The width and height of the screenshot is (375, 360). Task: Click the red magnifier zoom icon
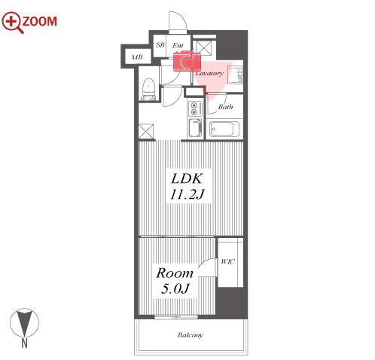[x=11, y=22]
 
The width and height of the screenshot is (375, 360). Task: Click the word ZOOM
[x=40, y=21]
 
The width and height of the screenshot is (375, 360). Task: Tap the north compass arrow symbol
[x=25, y=322]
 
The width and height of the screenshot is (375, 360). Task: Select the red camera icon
[x=187, y=61]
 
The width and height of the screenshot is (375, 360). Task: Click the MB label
[x=137, y=57]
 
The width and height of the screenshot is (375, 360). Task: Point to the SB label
[x=160, y=45]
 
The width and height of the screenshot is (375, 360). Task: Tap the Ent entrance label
[x=178, y=45]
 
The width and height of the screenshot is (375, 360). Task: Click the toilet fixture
[x=148, y=89]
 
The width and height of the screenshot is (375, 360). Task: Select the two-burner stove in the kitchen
[x=194, y=108]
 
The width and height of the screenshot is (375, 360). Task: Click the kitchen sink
[x=195, y=128]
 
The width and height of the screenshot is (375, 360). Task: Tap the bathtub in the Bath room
[x=224, y=129]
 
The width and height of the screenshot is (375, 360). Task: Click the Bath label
[x=225, y=107]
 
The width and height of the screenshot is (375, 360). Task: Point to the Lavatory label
[x=209, y=73]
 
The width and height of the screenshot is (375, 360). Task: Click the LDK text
[x=187, y=178]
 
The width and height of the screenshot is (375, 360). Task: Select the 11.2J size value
[x=187, y=194]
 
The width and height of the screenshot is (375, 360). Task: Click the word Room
[x=175, y=273]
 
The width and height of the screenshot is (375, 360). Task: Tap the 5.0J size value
[x=175, y=288]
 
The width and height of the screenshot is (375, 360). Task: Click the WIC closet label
[x=227, y=262]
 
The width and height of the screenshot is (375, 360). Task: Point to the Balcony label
[x=191, y=335]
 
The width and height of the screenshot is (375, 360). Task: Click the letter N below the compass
[x=24, y=343]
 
